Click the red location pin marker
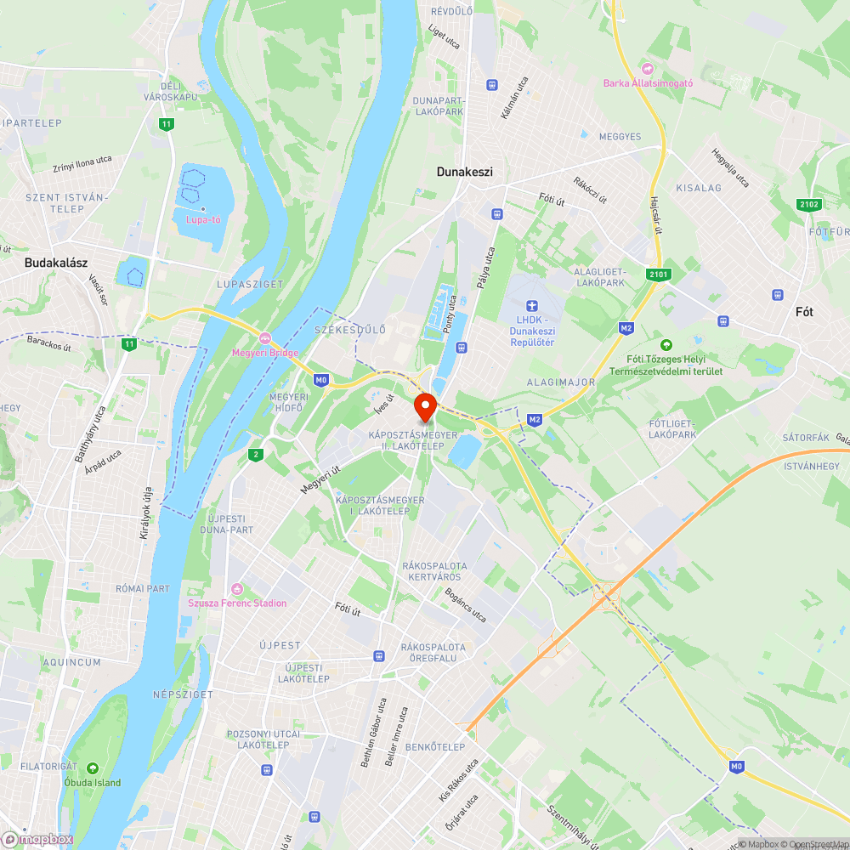pos(425,406)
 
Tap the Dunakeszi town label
pos(464,172)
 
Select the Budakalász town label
pos(56,263)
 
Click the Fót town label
pos(804,312)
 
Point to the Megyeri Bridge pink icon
pos(265,339)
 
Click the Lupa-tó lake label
pos(203,219)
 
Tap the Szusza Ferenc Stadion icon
pos(237,589)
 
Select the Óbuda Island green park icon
pos(93,768)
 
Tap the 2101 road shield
pos(658,274)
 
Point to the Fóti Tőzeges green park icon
pos(666,344)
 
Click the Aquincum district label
pos(72,662)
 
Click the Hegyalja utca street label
pos(730,168)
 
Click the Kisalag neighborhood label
pos(698,187)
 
